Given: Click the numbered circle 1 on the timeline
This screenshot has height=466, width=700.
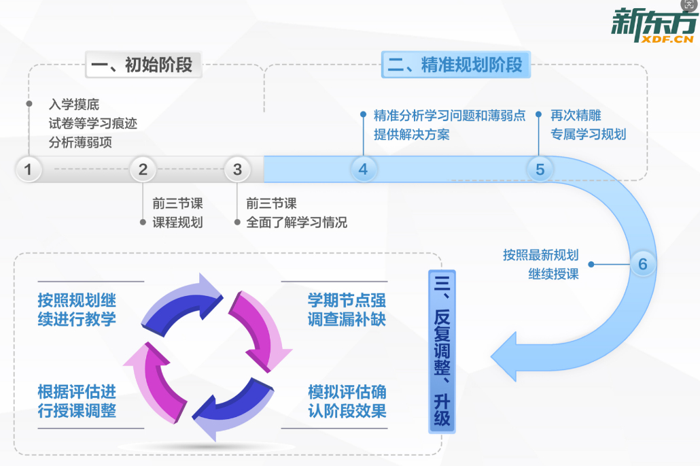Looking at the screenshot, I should (x=28, y=169).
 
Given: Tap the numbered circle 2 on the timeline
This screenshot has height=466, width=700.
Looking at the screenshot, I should (x=143, y=169).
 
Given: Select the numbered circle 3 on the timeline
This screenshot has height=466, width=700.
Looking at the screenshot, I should (x=237, y=169).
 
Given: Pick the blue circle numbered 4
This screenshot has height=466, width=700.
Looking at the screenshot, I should (x=363, y=169).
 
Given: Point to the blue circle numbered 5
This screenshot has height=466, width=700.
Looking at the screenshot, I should (x=540, y=169).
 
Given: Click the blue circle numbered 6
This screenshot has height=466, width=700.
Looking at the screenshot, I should (x=643, y=264).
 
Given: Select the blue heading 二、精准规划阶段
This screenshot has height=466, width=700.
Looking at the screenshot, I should (x=455, y=65).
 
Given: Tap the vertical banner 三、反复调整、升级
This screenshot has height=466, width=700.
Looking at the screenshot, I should (x=442, y=351).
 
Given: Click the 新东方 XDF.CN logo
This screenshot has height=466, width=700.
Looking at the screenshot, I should (x=653, y=27).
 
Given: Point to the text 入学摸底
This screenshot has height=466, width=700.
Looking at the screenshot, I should (x=74, y=105).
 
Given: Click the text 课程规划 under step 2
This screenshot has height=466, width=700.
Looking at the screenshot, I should (x=177, y=222).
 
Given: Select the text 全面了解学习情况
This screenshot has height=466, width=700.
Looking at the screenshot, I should (x=296, y=222).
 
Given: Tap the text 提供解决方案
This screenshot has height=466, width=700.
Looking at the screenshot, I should (x=411, y=134).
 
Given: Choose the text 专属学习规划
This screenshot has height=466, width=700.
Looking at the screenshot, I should (x=588, y=134).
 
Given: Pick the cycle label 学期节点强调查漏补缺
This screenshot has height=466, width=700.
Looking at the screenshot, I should (x=347, y=310).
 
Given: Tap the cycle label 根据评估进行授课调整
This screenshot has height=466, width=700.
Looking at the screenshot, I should (x=77, y=401).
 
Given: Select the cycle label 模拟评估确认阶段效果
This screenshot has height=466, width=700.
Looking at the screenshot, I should (x=347, y=401).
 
